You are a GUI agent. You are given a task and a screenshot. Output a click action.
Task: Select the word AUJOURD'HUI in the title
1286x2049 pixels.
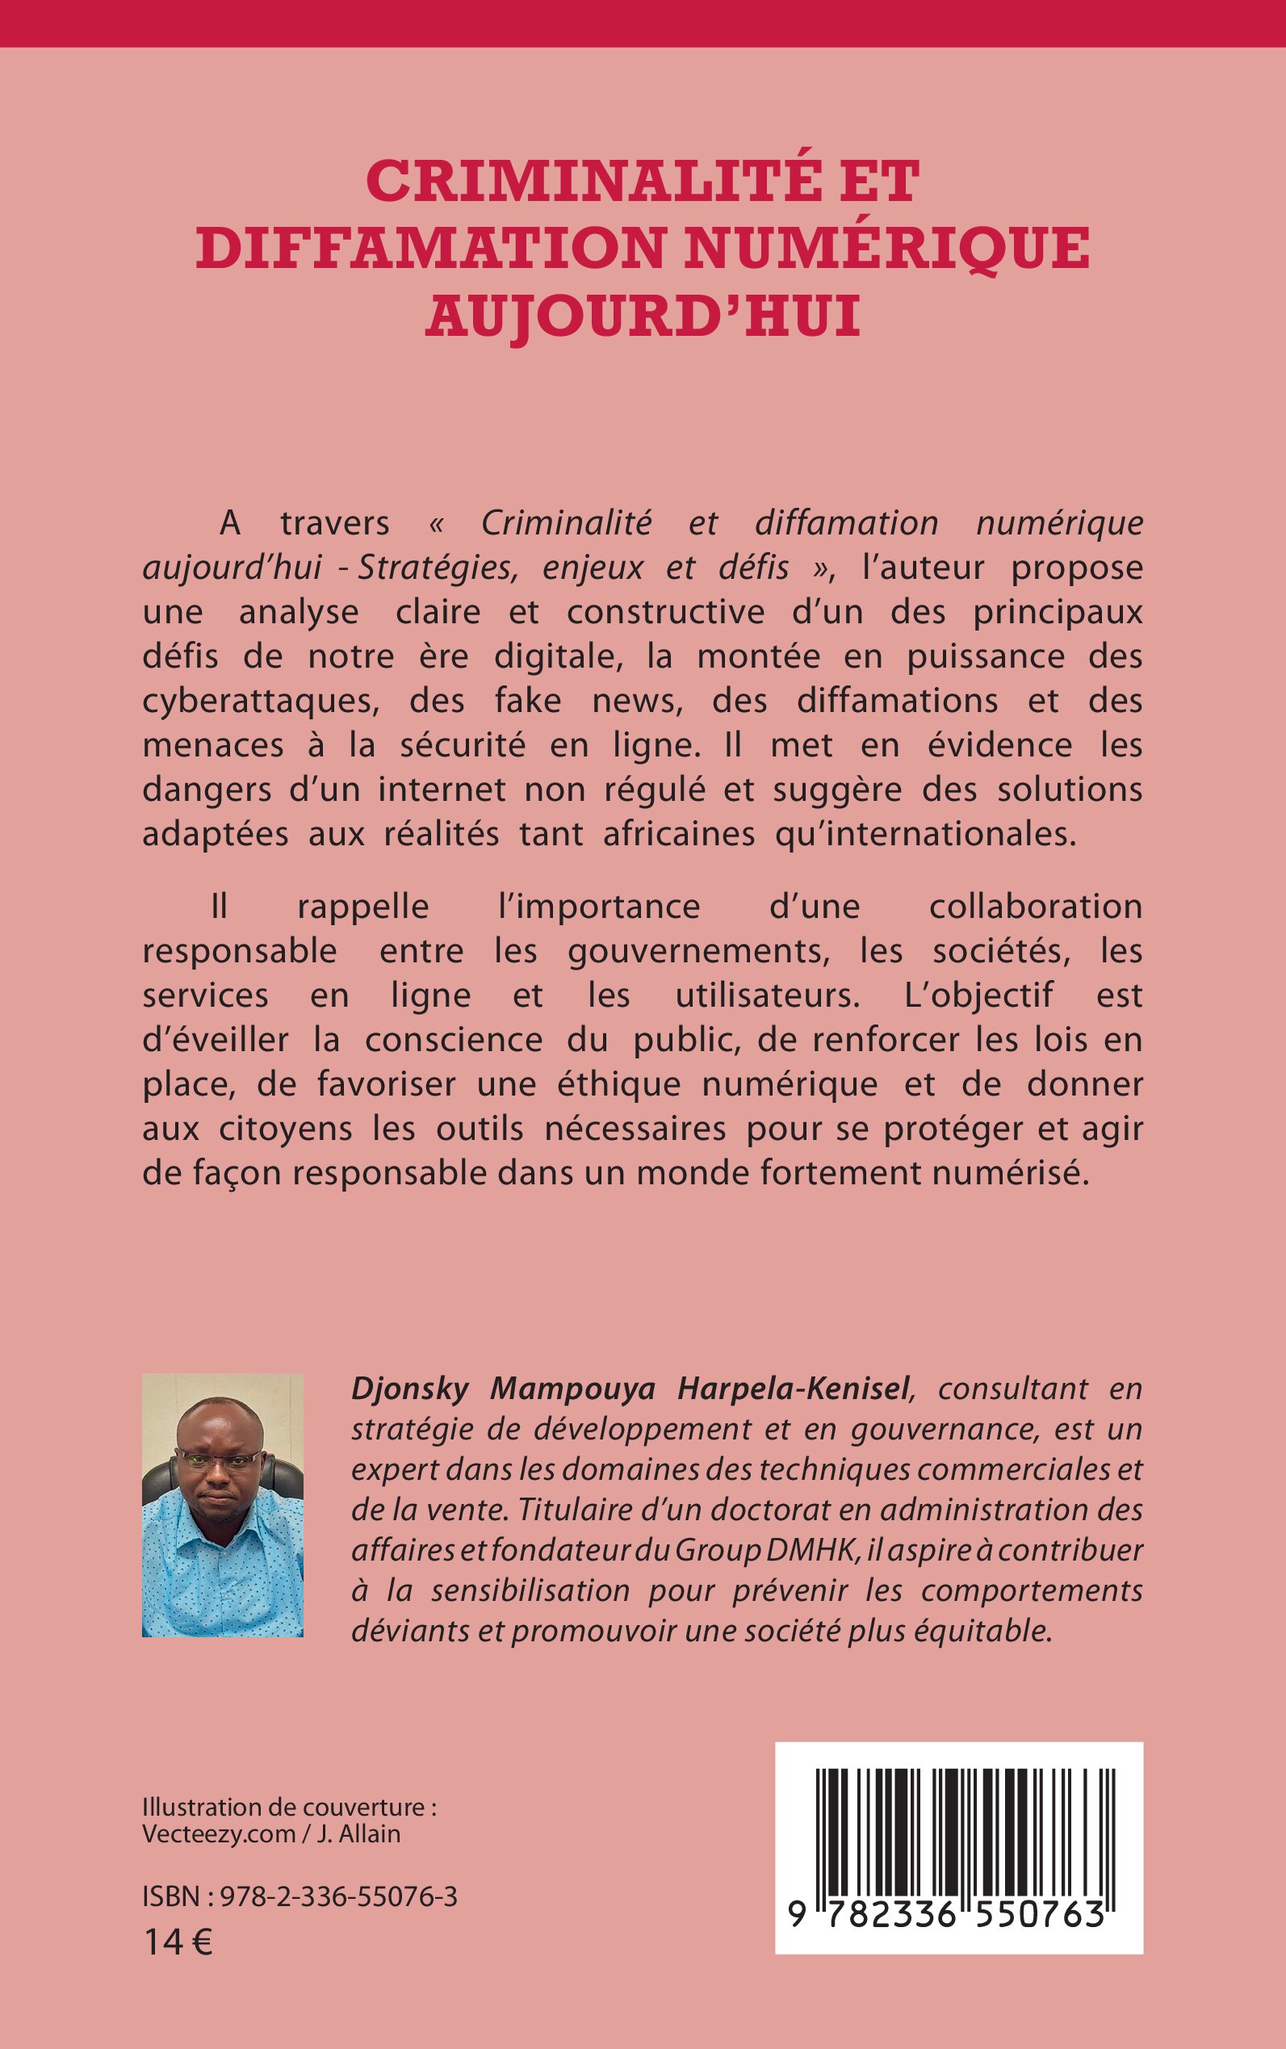tap(643, 315)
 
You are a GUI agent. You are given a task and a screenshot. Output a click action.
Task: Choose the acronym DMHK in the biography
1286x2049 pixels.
tap(807, 1551)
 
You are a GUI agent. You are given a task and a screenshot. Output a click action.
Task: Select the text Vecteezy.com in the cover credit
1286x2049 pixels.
tap(220, 1833)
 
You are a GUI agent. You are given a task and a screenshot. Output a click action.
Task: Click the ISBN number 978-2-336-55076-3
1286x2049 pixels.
tap(338, 1896)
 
